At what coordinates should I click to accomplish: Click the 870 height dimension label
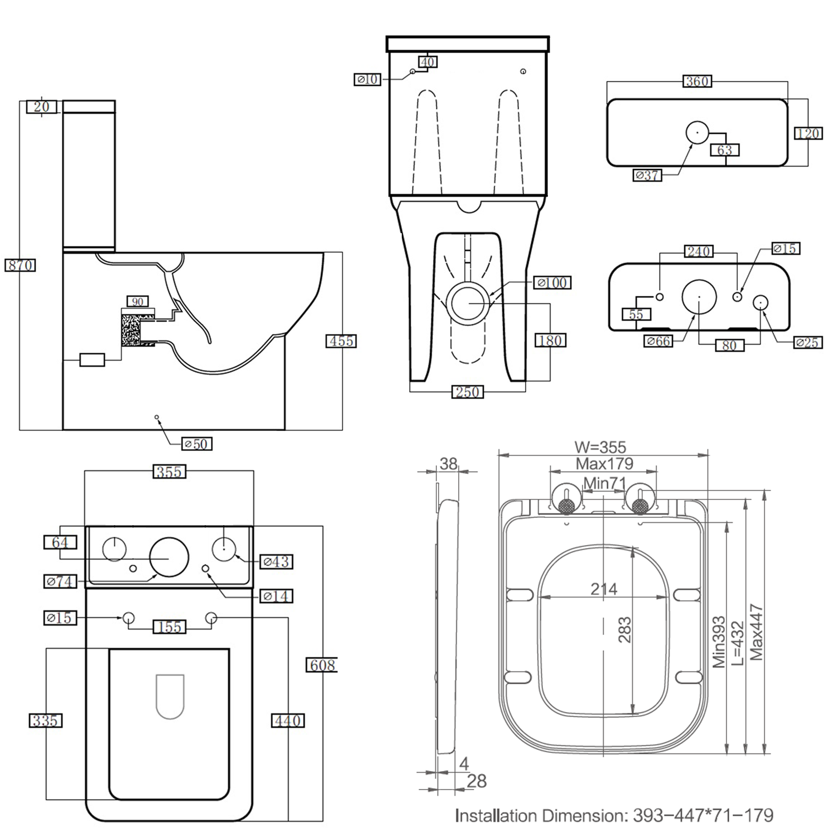tap(20, 265)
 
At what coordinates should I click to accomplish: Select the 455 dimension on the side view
tap(341, 341)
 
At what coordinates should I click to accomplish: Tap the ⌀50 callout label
tap(197, 444)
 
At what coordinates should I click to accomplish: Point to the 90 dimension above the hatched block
tap(137, 302)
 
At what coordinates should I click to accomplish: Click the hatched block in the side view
tap(131, 330)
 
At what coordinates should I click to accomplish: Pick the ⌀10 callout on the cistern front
tap(368, 80)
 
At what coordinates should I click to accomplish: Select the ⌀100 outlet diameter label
tap(552, 283)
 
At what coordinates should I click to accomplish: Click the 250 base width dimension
tap(467, 392)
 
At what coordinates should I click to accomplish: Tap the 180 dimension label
tap(550, 340)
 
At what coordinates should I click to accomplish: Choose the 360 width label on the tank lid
tap(697, 81)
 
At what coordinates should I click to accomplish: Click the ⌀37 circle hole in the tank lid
tap(697, 133)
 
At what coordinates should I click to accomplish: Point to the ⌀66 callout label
tap(658, 341)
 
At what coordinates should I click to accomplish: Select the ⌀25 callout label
tap(807, 343)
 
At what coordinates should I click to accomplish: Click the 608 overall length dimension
tap(322, 665)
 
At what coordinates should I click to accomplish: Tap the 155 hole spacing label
tap(170, 627)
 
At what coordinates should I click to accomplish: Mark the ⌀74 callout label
tap(60, 581)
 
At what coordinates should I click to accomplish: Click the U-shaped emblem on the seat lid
tap(170, 696)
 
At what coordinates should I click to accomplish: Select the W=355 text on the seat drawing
tap(600, 447)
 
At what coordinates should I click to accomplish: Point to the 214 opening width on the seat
tap(604, 589)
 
